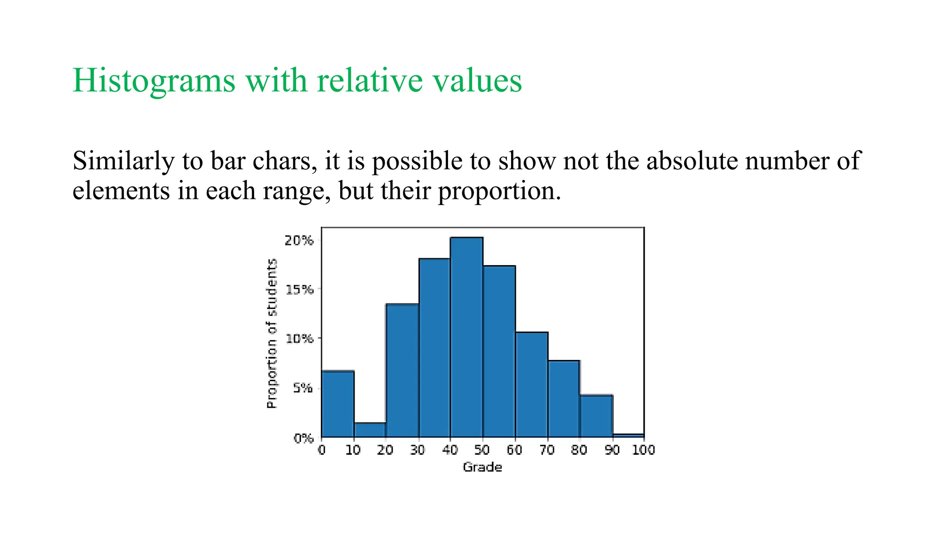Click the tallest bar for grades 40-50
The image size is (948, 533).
tap(467, 338)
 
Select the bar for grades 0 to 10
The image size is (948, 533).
tap(337, 404)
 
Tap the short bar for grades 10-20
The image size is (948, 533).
tap(370, 430)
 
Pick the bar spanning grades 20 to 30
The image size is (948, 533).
tap(402, 370)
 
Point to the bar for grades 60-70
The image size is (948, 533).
tap(531, 384)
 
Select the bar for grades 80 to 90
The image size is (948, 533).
tap(596, 416)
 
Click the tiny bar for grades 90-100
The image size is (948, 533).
tap(628, 435)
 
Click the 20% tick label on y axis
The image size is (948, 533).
tap(299, 241)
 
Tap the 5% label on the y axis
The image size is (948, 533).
tap(303, 388)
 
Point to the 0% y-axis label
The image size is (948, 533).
tap(303, 438)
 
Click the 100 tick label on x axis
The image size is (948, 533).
tap(643, 450)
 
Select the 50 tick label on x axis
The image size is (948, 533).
tap(482, 450)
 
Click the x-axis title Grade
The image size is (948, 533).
tap(482, 467)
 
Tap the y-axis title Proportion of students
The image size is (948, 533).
tap(272, 333)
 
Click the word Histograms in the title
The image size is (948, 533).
tap(154, 81)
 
